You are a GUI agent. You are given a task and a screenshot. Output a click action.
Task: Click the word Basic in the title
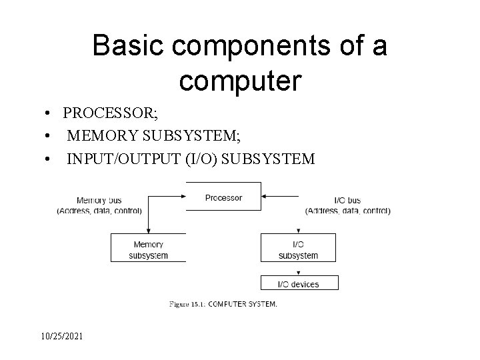(x=128, y=45)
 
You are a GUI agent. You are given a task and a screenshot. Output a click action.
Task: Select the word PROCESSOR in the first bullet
(x=109, y=113)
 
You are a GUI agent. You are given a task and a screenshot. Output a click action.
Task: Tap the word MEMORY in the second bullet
(x=103, y=135)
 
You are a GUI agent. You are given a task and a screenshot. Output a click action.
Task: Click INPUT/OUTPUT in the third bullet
(x=124, y=159)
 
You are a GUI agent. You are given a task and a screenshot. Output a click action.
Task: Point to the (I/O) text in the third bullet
(x=201, y=159)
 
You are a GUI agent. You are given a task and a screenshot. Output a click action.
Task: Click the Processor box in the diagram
(x=223, y=196)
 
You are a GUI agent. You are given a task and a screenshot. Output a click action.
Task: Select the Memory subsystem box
(x=148, y=247)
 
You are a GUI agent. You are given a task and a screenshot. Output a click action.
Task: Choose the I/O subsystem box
(x=298, y=247)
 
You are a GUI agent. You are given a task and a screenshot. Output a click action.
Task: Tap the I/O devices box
(x=299, y=283)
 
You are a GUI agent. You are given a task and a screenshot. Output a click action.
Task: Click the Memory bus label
(x=99, y=201)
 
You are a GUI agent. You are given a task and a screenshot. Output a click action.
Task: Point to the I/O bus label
(x=347, y=201)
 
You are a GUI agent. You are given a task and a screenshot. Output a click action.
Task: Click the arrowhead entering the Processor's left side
(x=184, y=196)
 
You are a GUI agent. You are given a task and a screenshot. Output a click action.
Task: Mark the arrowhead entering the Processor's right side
(x=263, y=196)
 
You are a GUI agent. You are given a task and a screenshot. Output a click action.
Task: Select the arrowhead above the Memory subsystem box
(x=149, y=231)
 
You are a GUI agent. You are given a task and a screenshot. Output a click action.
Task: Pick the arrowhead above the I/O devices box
(x=299, y=273)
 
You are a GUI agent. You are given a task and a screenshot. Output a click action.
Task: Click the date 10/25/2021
(x=62, y=336)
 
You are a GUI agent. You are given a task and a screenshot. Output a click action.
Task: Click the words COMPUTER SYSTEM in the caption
(x=243, y=304)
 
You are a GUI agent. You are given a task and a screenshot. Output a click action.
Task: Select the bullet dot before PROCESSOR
(x=47, y=113)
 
